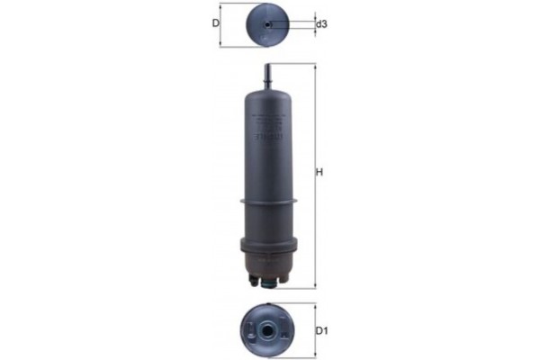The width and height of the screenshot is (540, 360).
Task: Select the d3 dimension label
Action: pyautogui.click(x=320, y=24)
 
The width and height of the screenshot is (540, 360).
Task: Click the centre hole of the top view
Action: pyautogui.click(x=268, y=24)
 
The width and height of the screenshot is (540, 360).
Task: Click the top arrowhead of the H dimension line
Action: pyautogui.click(x=313, y=66)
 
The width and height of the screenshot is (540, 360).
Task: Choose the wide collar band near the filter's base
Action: pyautogui.click(x=267, y=246)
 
